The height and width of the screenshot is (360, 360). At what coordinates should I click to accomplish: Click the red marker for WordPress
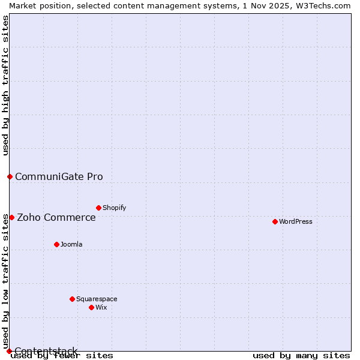[x=275, y=221]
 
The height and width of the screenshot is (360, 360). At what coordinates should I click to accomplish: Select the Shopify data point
[x=98, y=208]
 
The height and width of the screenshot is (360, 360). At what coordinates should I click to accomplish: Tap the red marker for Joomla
[x=56, y=244]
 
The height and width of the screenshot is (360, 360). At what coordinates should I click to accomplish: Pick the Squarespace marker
[x=72, y=299]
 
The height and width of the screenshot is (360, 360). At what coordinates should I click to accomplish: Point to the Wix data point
[x=91, y=307]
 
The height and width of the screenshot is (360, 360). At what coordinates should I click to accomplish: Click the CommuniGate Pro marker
[x=10, y=176]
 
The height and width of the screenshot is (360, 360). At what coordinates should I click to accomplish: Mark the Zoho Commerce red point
[x=11, y=217]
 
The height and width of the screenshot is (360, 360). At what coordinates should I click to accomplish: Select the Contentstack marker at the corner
[x=9, y=351]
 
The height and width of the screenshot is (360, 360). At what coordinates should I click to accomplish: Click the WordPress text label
[x=296, y=221]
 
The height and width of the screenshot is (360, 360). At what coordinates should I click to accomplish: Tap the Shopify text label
[x=114, y=208]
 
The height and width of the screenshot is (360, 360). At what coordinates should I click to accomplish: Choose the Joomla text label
[x=71, y=244]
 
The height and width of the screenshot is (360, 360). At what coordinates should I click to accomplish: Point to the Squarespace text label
[x=97, y=299]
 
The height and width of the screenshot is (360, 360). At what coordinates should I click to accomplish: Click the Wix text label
[x=101, y=307]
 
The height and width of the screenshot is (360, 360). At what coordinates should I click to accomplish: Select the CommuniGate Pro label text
[x=59, y=176]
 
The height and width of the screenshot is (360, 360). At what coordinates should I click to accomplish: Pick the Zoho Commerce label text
[x=56, y=217]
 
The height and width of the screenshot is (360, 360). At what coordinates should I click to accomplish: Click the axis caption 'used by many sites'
[x=301, y=356]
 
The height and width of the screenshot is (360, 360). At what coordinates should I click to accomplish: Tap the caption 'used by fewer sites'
[x=62, y=356]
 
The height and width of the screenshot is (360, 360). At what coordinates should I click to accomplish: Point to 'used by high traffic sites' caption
[x=5, y=85]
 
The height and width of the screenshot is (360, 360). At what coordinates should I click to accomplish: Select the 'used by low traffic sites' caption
[x=5, y=281]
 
